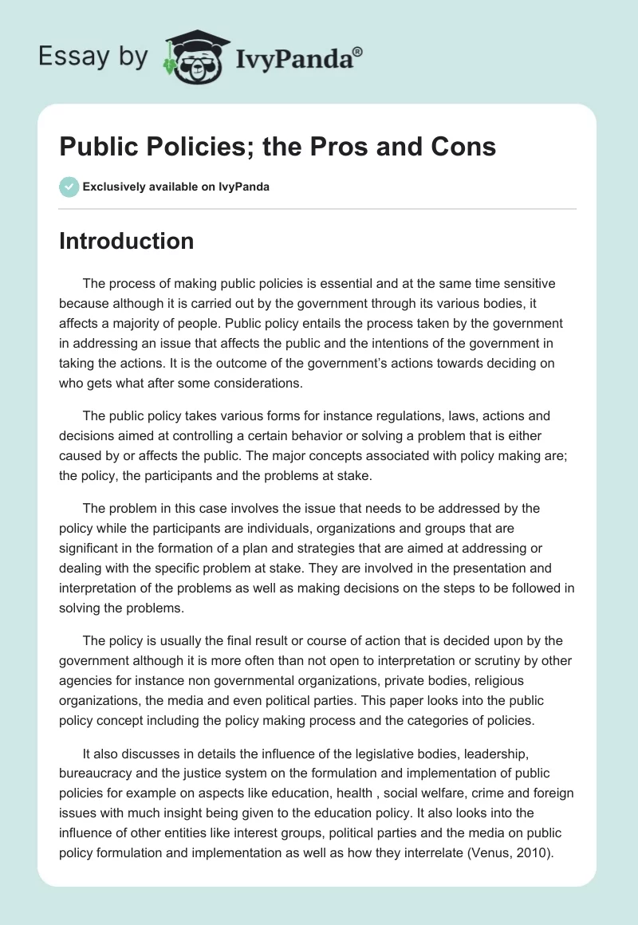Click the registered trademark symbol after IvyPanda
pyautogui.click(x=358, y=50)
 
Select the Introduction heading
pyautogui.click(x=126, y=241)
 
